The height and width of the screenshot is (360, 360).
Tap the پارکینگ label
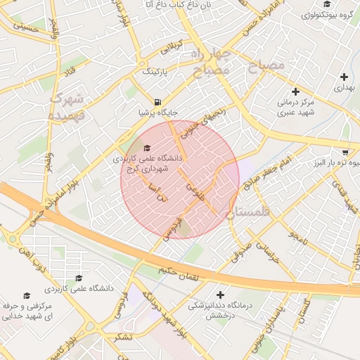156,72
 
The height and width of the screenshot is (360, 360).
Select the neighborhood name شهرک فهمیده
67,105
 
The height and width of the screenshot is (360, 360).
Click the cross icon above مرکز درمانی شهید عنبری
295,91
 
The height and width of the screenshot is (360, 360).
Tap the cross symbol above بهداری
344,77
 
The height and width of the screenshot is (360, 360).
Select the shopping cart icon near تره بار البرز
345,152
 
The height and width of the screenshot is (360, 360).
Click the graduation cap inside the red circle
147,148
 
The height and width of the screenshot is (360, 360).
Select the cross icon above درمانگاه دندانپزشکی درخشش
221,295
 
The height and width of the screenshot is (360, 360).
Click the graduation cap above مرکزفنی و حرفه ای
27,295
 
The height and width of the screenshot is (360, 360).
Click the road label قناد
70,72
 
